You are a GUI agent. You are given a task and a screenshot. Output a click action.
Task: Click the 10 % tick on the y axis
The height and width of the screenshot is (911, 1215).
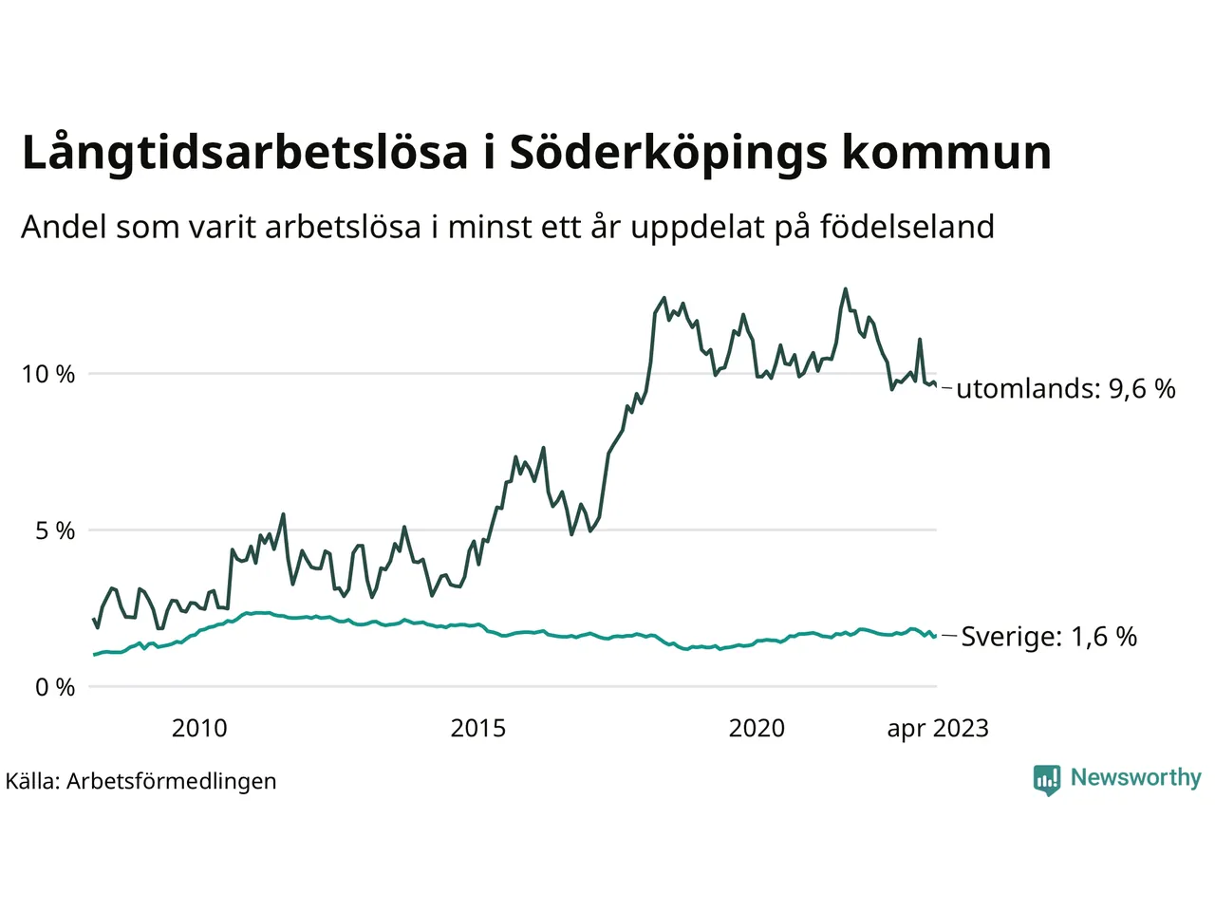(x=47, y=375)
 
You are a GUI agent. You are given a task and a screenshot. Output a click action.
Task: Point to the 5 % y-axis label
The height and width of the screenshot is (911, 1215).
(x=55, y=531)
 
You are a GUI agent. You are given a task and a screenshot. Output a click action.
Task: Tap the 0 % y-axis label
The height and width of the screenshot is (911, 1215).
(x=55, y=688)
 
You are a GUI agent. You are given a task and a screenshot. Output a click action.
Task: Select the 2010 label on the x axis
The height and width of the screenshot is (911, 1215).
(x=199, y=729)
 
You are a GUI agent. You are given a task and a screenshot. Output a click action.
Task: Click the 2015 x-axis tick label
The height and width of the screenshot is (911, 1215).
(x=477, y=729)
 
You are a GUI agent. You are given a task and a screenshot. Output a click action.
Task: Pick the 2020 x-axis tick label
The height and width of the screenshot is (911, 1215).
(x=757, y=729)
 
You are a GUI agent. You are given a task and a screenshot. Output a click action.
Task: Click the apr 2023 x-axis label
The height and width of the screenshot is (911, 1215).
(x=937, y=729)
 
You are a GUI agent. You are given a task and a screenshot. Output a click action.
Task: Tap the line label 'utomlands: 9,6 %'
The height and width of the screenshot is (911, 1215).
(x=1065, y=389)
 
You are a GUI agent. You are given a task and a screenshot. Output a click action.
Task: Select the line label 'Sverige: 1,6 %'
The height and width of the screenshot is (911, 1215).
(x=1049, y=637)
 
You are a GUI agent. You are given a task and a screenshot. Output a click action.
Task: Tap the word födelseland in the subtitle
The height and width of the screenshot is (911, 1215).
(x=907, y=227)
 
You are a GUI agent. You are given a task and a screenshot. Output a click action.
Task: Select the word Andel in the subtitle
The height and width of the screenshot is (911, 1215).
(x=64, y=227)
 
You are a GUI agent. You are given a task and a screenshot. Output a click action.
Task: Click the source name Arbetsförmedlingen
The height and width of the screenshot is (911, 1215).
(x=171, y=782)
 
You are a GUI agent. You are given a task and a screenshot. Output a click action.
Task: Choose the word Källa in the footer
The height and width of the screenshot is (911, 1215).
(x=32, y=782)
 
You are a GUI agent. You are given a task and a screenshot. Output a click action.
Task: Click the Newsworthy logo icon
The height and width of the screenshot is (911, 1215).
(x=1046, y=779)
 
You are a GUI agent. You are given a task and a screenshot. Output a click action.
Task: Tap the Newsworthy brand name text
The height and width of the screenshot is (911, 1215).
(x=1135, y=778)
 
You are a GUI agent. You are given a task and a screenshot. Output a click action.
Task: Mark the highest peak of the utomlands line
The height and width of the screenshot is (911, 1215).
(x=845, y=289)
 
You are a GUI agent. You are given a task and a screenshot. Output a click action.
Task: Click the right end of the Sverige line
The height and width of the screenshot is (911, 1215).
(x=935, y=636)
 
